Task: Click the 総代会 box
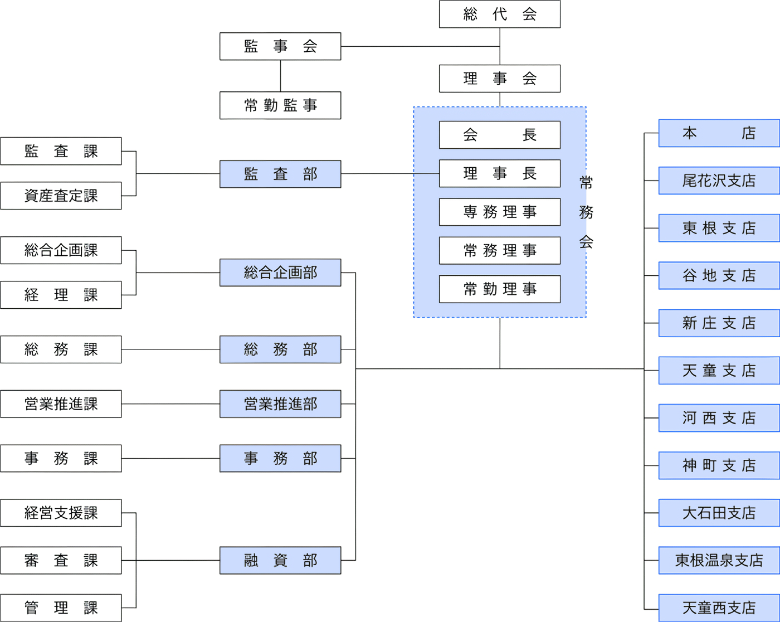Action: (499, 14)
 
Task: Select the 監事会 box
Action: (280, 46)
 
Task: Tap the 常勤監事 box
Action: (280, 105)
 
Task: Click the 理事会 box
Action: (499, 79)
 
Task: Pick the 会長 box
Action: (499, 135)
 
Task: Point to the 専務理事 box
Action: (499, 212)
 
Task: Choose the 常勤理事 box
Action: (499, 289)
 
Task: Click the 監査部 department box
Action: (280, 174)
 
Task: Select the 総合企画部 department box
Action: (280, 273)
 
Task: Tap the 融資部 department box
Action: (280, 560)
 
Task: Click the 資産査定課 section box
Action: (61, 196)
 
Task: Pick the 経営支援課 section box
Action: (61, 513)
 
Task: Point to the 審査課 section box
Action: (61, 560)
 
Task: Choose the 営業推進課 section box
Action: (61, 404)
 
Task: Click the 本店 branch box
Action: (719, 133)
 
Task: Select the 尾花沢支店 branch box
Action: (719, 181)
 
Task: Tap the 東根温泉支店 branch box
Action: (719, 560)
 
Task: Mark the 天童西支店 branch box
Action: (719, 608)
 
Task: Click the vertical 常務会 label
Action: (586, 212)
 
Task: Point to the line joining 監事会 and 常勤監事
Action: (280, 76)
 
